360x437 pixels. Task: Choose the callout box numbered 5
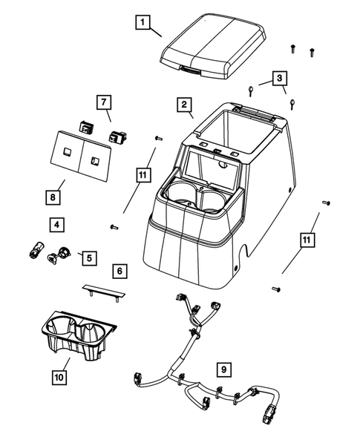click(88, 257)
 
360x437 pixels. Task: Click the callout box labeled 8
click(51, 197)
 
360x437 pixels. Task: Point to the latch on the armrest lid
click(190, 70)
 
